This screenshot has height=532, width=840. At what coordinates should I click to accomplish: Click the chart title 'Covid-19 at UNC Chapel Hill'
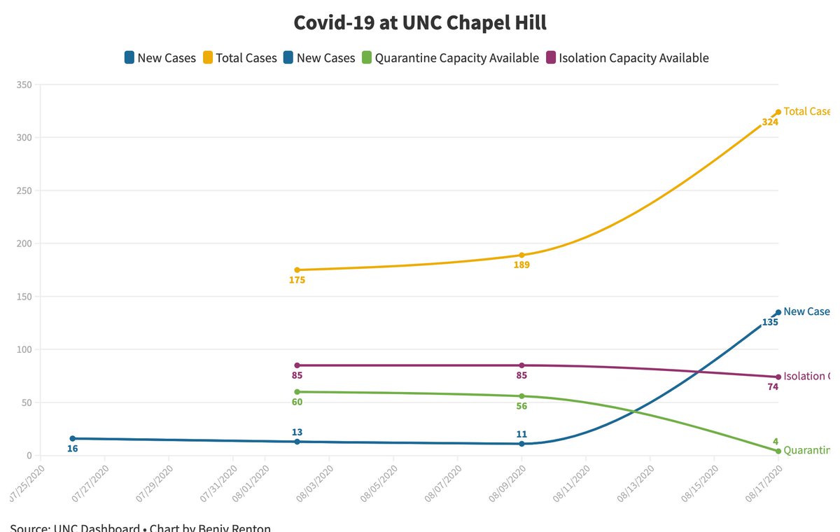[420, 22]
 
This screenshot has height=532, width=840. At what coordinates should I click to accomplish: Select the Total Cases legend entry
[240, 58]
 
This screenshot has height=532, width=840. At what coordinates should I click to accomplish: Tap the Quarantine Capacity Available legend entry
[449, 58]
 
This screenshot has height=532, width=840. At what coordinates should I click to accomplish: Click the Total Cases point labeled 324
[778, 112]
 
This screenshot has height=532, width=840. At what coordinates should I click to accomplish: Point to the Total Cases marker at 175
[297, 269]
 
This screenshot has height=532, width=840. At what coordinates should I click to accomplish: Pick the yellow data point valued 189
[521, 255]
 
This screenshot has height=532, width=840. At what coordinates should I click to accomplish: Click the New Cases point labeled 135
[778, 313]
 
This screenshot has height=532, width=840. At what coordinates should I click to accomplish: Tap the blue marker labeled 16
[73, 438]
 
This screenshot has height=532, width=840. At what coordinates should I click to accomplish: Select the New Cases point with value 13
[297, 442]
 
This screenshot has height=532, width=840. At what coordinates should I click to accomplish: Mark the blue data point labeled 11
[521, 444]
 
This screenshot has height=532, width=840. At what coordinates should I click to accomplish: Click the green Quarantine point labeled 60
[297, 392]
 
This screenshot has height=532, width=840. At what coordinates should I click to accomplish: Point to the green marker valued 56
[521, 396]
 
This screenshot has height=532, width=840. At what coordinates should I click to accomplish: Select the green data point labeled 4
[778, 451]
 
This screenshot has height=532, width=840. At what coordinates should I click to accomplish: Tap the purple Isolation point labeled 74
[778, 377]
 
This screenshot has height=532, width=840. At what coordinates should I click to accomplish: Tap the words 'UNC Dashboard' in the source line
[97, 528]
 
